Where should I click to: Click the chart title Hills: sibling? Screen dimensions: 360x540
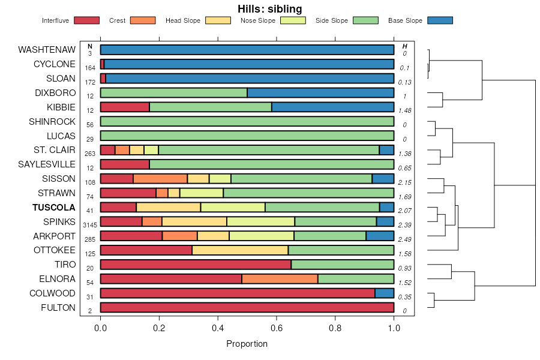[269, 8]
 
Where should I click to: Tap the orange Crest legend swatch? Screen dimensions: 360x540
[143, 20]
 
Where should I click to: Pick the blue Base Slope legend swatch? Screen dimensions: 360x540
[440, 20]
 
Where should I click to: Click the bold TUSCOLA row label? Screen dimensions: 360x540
[55, 208]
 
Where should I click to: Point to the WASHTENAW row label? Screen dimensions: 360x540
[47, 50]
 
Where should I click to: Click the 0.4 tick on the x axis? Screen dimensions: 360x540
[218, 328]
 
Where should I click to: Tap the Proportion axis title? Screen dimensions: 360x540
[247, 344]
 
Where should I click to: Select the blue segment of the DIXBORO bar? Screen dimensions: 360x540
[320, 93]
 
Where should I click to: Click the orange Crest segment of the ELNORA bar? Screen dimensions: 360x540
[280, 279]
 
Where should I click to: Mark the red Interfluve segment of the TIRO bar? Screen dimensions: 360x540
[196, 265]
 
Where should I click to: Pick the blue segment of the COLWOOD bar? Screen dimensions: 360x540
[384, 293]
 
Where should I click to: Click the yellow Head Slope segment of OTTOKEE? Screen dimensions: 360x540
[240, 250]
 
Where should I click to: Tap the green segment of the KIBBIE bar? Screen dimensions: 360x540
[210, 107]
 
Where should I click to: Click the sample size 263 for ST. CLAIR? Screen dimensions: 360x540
[90, 154]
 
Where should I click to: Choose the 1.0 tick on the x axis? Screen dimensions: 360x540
[394, 328]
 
